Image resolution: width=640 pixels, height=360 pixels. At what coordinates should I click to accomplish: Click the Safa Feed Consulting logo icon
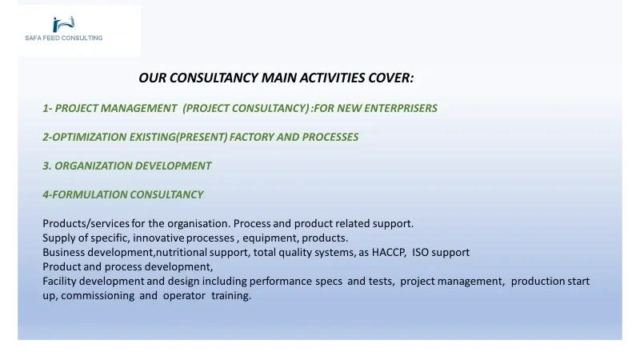click(x=64, y=24)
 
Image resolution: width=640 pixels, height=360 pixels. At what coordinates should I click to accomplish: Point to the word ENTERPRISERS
click(x=401, y=108)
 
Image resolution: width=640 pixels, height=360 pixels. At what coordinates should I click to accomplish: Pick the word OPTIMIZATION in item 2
click(x=90, y=137)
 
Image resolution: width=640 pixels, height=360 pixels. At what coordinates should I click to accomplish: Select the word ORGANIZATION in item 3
click(x=93, y=166)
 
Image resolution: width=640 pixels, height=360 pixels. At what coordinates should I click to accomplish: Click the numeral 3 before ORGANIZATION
click(x=46, y=166)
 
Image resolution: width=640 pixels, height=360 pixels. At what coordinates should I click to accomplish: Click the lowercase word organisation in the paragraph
click(x=198, y=224)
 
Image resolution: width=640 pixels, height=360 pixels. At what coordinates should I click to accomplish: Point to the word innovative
click(x=158, y=238)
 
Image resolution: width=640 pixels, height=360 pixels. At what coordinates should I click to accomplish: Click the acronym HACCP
click(x=388, y=253)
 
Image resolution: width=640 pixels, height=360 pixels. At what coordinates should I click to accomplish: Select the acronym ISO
click(x=421, y=253)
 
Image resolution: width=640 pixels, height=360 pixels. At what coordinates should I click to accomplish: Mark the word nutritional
click(x=182, y=252)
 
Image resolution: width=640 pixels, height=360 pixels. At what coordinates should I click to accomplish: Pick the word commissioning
click(x=98, y=295)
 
